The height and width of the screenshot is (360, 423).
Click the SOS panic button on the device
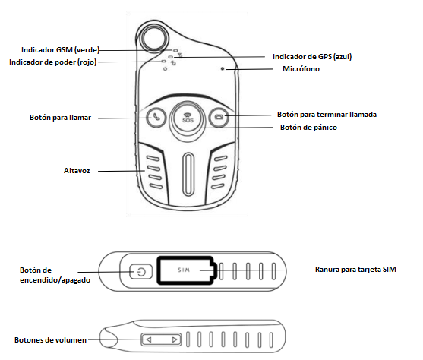pyautogui.click(x=188, y=118)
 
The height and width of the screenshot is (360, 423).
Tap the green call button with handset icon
pyautogui.click(x=156, y=117)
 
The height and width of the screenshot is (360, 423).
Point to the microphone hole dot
pyautogui.click(x=223, y=69)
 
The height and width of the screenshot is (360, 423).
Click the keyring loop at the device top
pyautogui.click(x=153, y=38)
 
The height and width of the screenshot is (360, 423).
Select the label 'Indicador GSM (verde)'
pyautogui.click(x=60, y=50)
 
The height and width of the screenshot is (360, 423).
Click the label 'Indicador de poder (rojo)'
pyautogui.click(x=52, y=62)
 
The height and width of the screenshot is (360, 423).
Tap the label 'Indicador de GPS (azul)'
pyautogui.click(x=312, y=57)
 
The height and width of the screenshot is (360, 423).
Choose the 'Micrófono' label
pyautogui.click(x=301, y=69)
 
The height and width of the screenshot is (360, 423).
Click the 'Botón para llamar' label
pyautogui.click(x=60, y=118)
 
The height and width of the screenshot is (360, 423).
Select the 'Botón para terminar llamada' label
pyautogui.click(x=327, y=115)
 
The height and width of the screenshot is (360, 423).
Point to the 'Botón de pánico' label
pyautogui.click(x=308, y=128)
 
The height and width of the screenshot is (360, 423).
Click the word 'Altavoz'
pyautogui.click(x=77, y=171)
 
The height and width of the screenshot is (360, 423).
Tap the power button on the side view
pyautogui.click(x=140, y=271)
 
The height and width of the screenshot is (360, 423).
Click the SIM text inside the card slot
pyautogui.click(x=184, y=270)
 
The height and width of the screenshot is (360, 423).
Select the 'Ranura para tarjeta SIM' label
pyautogui.click(x=355, y=270)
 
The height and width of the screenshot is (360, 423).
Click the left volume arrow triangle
pyautogui.click(x=149, y=339)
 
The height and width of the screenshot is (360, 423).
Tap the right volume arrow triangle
pyautogui.click(x=175, y=339)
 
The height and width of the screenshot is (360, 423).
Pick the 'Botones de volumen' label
pyautogui.click(x=50, y=340)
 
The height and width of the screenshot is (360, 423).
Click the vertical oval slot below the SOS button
pyautogui.click(x=188, y=174)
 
